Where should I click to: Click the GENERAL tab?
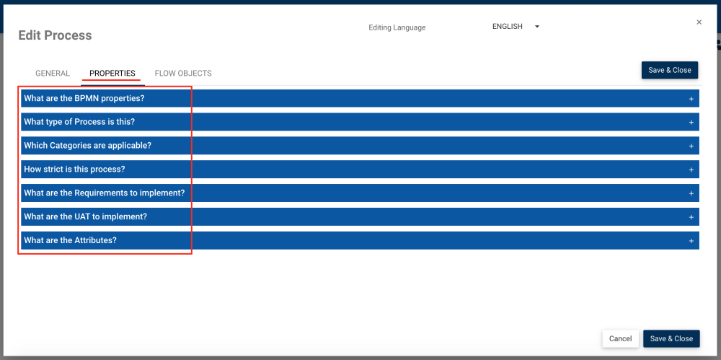coord(53,74)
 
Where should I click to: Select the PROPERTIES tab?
coord(112,74)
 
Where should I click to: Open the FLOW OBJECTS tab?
coord(183,74)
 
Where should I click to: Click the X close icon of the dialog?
coord(699,22)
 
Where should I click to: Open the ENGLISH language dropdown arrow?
coord(537,27)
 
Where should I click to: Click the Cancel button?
coord(620,338)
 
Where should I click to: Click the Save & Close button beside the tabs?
coord(669,70)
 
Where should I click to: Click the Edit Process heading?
coord(55,35)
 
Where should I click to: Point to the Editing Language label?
coord(397,28)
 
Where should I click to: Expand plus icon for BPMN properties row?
coord(691,99)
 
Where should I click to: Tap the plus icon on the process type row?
coord(691,123)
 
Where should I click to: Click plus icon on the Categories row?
coord(691,146)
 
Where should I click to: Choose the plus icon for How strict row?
coord(691,170)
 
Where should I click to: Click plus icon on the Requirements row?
coord(691,194)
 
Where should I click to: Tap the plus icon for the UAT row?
coord(691,217)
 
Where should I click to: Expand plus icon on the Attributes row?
coord(691,241)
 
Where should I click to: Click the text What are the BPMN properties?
coord(84,98)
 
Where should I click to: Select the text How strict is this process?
coord(74,170)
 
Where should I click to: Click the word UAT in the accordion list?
coord(101,216)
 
